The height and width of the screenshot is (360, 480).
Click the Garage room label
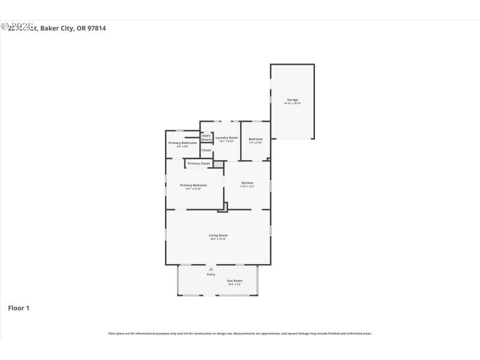292,100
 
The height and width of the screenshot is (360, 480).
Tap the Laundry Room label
227,138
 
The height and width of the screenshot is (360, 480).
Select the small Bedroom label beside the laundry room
256,139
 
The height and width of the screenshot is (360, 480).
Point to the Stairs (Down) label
206,137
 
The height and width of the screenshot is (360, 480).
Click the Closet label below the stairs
206,150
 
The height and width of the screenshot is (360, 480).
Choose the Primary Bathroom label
182,143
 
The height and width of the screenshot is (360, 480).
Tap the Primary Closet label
198,163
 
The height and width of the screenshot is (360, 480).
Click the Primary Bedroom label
193,185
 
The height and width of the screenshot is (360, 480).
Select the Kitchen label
247,182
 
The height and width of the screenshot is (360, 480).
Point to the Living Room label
218,235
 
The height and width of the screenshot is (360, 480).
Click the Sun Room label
234,281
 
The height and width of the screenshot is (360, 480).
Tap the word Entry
211,274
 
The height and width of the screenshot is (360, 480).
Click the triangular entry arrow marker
211,269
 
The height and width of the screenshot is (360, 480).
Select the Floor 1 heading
18,308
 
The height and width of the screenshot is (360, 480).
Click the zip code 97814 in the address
97,28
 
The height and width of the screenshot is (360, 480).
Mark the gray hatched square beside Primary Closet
218,163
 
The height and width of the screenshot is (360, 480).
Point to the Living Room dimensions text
218,239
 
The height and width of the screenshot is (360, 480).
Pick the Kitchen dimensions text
247,187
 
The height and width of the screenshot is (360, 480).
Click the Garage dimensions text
292,103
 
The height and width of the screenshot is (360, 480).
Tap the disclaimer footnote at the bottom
239,333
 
